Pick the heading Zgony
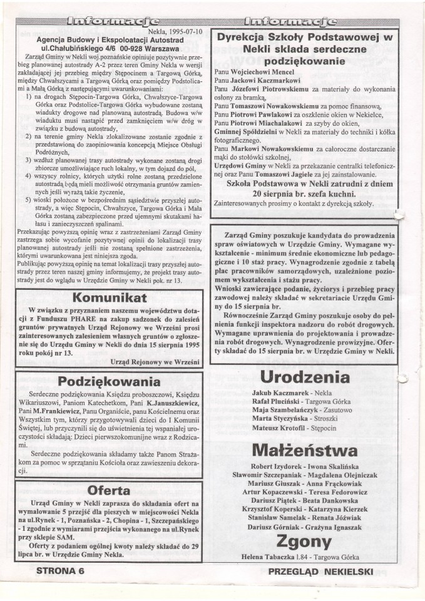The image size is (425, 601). (304, 542)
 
